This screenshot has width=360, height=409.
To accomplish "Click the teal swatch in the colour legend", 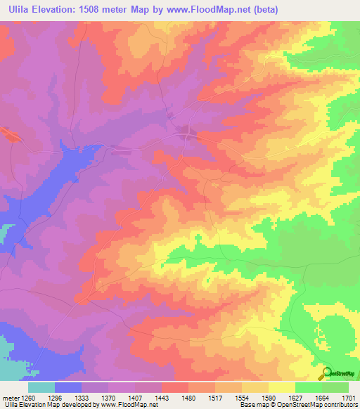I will pos(41,387).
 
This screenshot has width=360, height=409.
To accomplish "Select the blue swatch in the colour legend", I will pos(68,387).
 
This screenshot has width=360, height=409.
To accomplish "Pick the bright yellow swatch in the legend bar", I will pos(281,387).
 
